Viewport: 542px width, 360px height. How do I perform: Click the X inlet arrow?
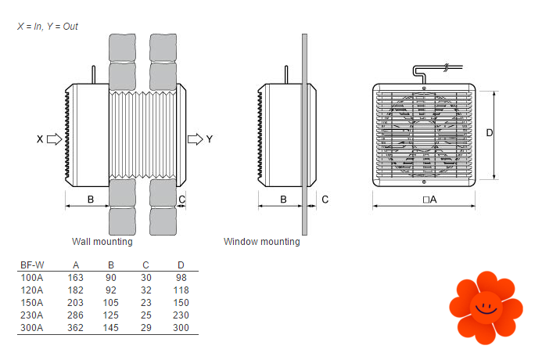coord(54,139)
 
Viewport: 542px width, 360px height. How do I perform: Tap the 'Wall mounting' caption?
coord(102,242)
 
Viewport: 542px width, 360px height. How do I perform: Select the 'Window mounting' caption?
coord(261,242)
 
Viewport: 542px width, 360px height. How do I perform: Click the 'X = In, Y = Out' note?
coord(48,27)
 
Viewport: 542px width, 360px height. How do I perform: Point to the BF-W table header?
coord(32,265)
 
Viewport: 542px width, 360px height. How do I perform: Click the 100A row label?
coord(31,278)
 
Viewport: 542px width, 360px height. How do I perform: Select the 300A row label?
coord(31,327)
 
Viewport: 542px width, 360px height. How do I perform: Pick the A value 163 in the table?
coord(76,278)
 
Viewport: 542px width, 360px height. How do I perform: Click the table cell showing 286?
coord(76,315)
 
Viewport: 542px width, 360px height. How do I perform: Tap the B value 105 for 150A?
coord(111,303)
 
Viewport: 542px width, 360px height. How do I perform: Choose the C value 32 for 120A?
coord(146,290)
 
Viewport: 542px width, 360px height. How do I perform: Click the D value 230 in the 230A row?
coord(181,315)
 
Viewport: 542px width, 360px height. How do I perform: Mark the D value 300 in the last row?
coord(181,327)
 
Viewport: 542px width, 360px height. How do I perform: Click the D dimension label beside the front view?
coord(489,133)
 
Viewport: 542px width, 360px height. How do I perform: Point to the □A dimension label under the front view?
coord(429,200)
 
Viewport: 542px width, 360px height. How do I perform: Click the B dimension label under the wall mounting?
coord(91,200)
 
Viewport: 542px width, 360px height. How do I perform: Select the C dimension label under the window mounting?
coord(325,200)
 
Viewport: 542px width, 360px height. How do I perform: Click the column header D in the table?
coord(181,265)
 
